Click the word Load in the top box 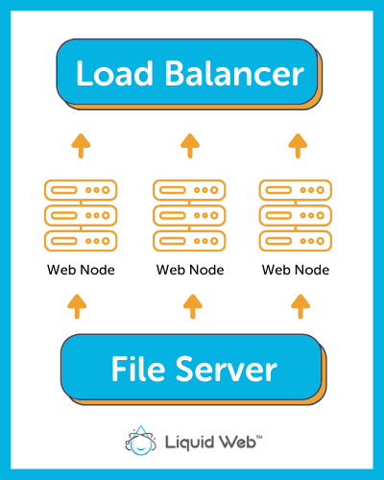pyautogui.click(x=114, y=73)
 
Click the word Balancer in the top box pyautogui.click(x=234, y=73)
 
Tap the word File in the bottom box pyautogui.click(x=138, y=369)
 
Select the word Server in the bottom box pyautogui.click(x=227, y=370)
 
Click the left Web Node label pyautogui.click(x=81, y=270)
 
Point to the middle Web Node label pyautogui.click(x=190, y=270)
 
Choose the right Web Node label pyautogui.click(x=296, y=270)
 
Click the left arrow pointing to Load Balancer pyautogui.click(x=81, y=146)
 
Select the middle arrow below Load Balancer pyautogui.click(x=190, y=146)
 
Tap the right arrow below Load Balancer pyautogui.click(x=298, y=146)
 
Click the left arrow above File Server pyautogui.click(x=77, y=306)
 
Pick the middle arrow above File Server pyautogui.click(x=193, y=306)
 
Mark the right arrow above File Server pyautogui.click(x=300, y=306)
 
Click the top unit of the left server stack pyautogui.click(x=81, y=190)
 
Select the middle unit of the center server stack pyautogui.click(x=189, y=215)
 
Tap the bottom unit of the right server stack pyautogui.click(x=296, y=241)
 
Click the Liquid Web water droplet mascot pyautogui.click(x=141, y=441)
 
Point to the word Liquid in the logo pyautogui.click(x=189, y=443)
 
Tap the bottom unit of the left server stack pyautogui.click(x=81, y=241)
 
